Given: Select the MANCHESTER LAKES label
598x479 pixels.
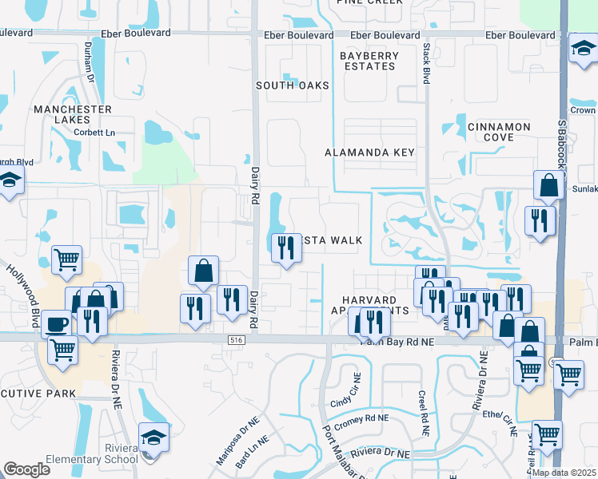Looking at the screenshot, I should pyautogui.click(x=73, y=114).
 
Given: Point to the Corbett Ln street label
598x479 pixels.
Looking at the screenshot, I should pyautogui.click(x=94, y=133).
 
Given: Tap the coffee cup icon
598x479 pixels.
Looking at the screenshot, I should pyautogui.click(x=55, y=324).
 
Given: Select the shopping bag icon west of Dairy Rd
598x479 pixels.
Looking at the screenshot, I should pyautogui.click(x=204, y=271).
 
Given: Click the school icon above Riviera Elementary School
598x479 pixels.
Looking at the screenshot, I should pyautogui.click(x=154, y=437).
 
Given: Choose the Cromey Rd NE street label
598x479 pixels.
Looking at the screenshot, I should pyautogui.click(x=361, y=418).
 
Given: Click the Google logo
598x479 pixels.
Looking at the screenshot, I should pyautogui.click(x=27, y=469).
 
